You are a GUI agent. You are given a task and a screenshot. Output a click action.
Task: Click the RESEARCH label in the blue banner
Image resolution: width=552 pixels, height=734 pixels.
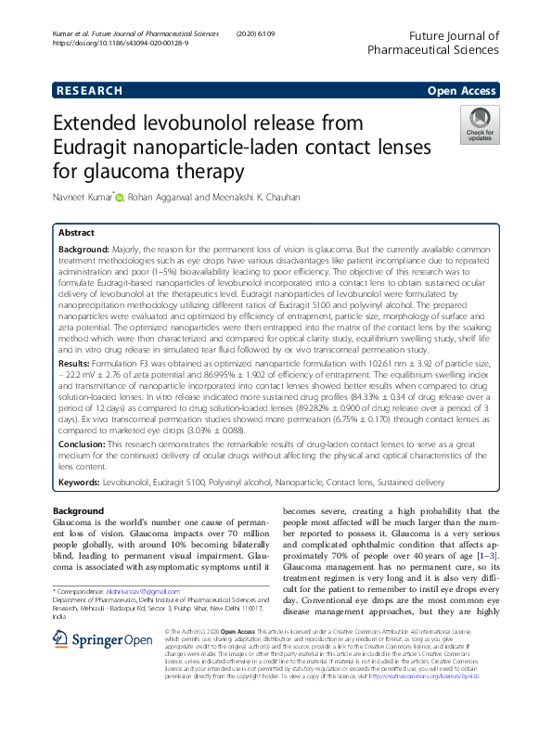[x=89, y=91]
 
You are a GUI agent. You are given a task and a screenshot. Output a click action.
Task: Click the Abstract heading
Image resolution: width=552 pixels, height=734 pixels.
[x=76, y=233]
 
